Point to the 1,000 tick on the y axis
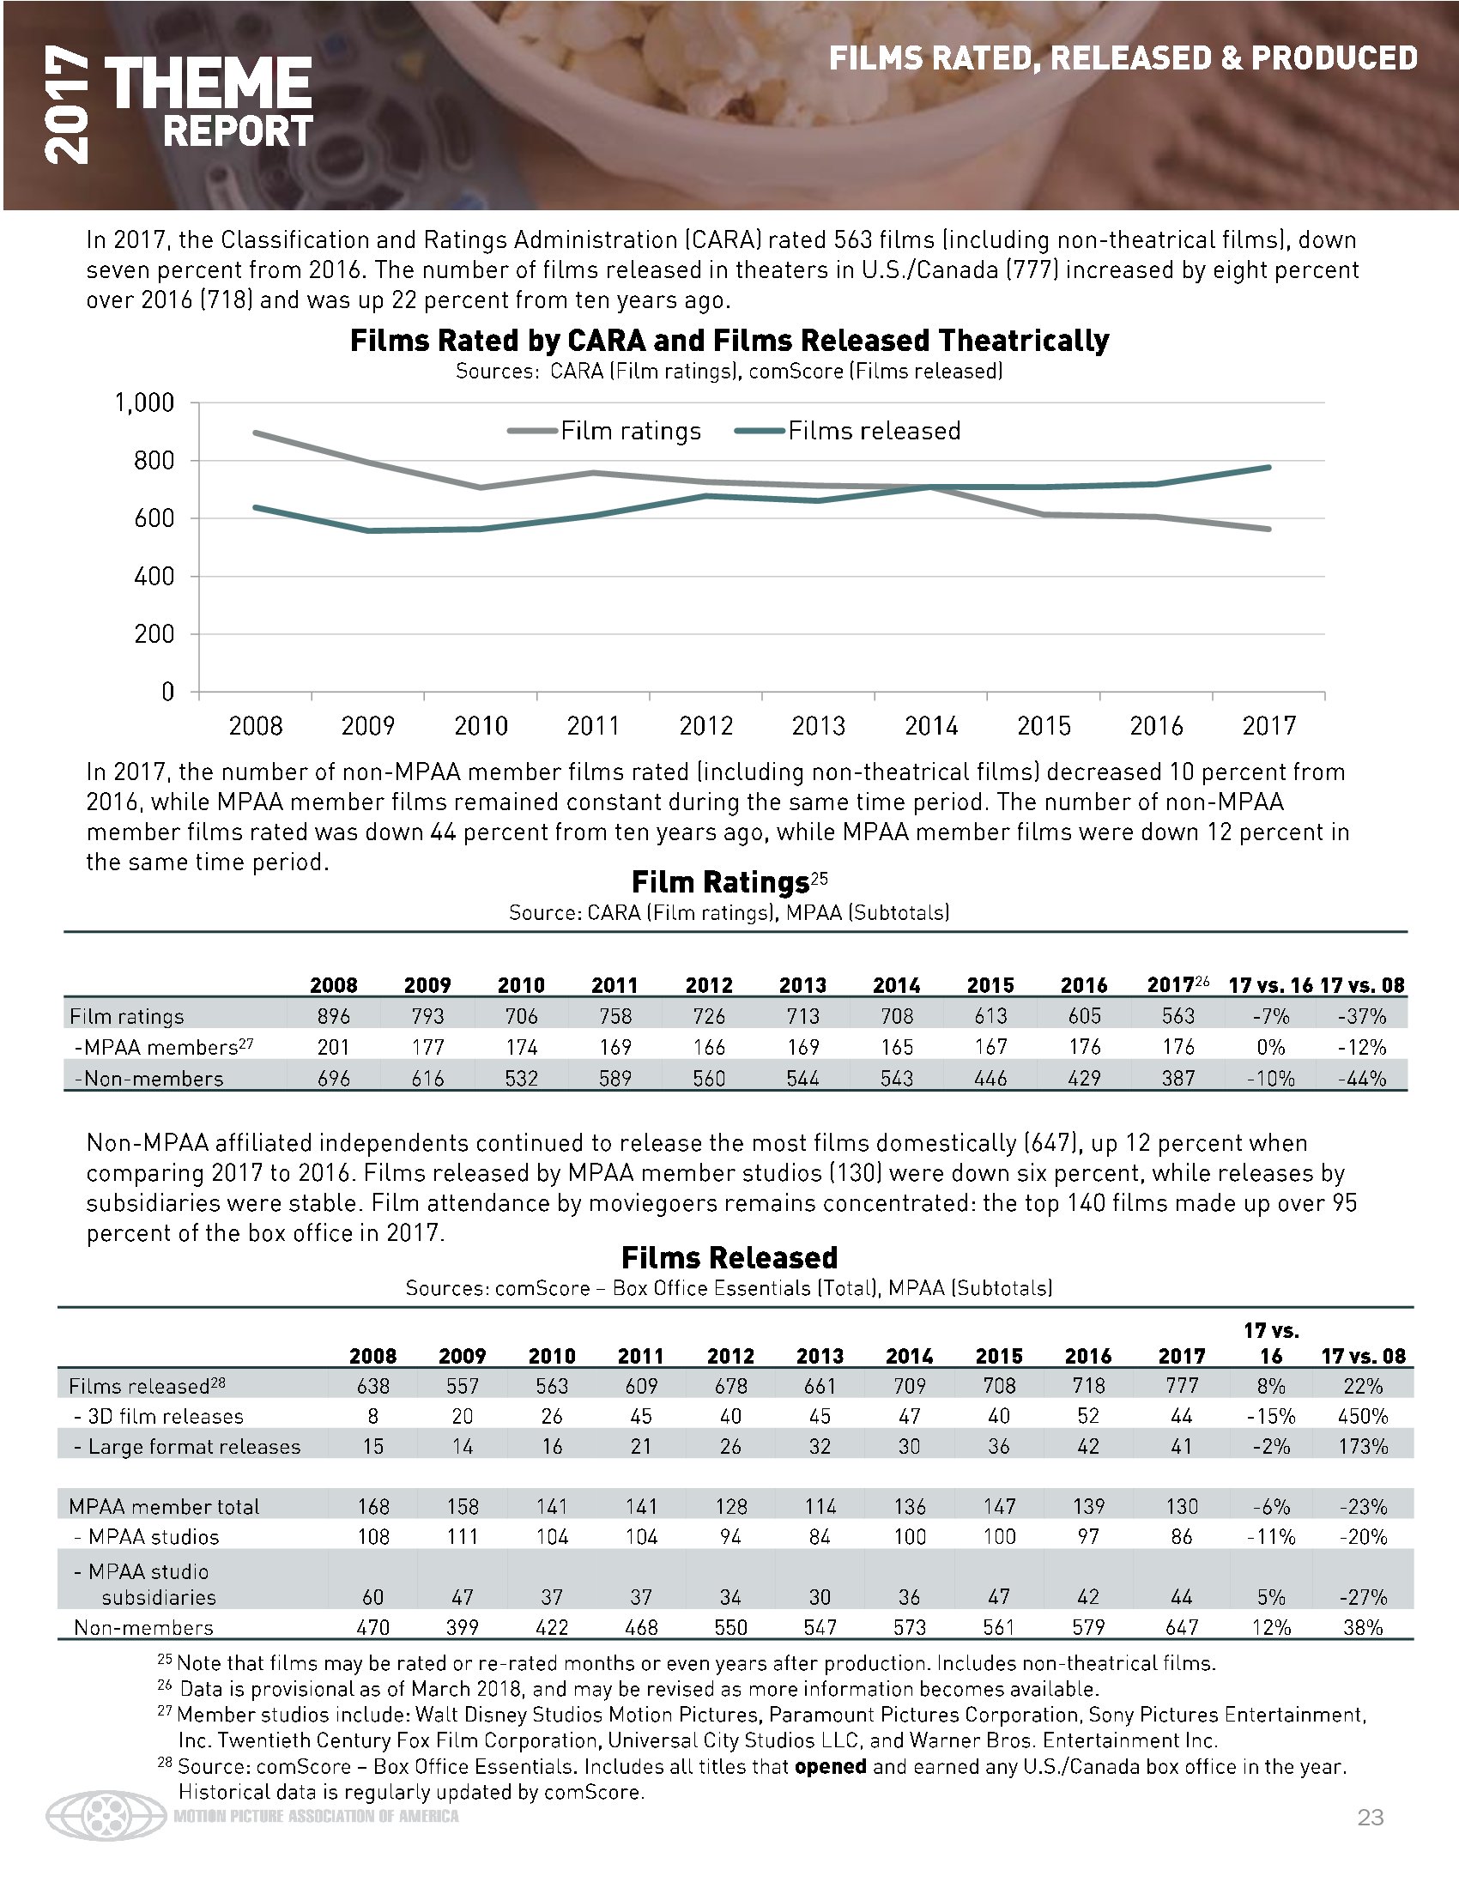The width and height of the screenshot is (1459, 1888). (x=144, y=402)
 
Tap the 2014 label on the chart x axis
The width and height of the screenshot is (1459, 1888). (x=931, y=725)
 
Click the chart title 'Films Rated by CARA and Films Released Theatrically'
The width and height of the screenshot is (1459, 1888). (x=729, y=341)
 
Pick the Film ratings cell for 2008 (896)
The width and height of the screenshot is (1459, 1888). (x=334, y=1016)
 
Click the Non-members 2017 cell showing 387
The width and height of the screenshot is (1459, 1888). (x=1178, y=1078)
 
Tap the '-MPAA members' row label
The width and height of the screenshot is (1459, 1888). (x=163, y=1047)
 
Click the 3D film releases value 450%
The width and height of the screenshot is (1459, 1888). (x=1363, y=1416)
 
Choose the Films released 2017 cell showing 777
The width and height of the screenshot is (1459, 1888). (x=1182, y=1386)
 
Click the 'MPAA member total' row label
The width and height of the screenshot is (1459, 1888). (x=164, y=1506)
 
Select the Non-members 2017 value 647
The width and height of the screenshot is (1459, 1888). (x=1182, y=1627)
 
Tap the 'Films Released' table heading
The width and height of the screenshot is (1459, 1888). (x=729, y=1257)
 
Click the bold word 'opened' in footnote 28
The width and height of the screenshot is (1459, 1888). (x=830, y=1766)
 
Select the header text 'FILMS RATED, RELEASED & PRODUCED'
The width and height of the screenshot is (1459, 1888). (x=1123, y=57)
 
